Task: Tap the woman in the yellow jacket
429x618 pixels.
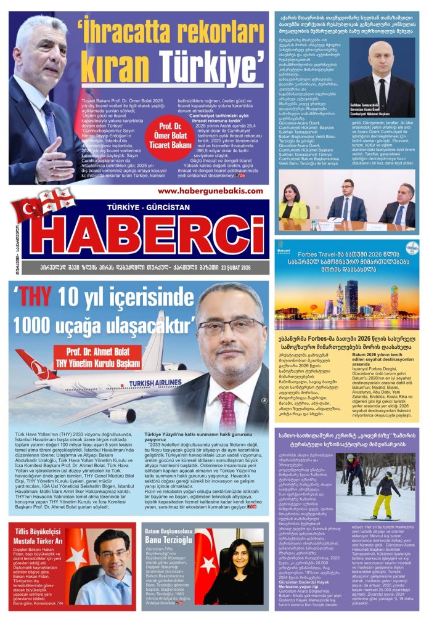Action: pyautogui.click(x=294, y=206)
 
